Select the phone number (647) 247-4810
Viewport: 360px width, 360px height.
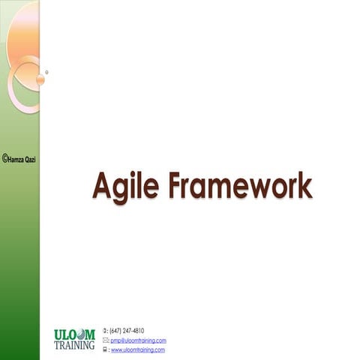127,331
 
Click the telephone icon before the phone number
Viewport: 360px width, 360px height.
105,331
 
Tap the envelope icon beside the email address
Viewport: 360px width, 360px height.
105,340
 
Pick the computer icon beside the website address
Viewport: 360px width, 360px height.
105,349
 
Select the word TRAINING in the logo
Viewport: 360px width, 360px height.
74,346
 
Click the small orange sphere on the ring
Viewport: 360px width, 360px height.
40,78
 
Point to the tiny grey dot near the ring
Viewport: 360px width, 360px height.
46,72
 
